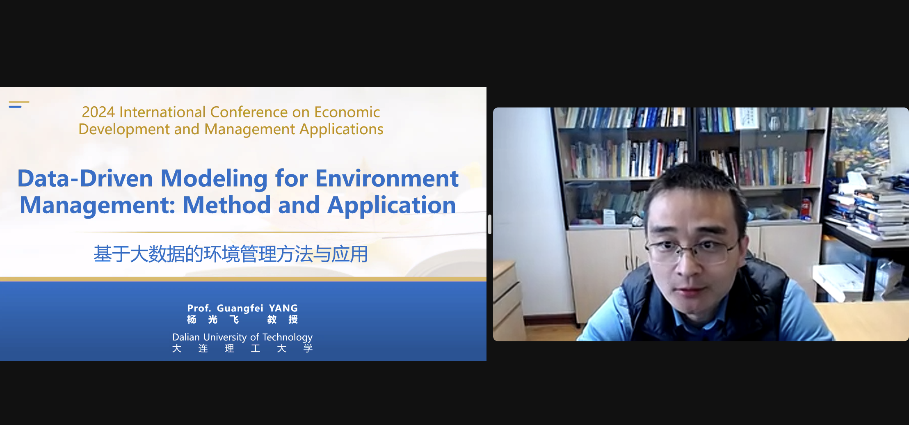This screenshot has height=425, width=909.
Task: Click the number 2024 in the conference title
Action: [98, 112]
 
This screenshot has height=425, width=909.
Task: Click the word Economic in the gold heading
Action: [347, 112]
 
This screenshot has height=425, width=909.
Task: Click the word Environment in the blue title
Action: [387, 178]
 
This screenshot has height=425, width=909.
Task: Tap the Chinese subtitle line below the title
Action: [231, 254]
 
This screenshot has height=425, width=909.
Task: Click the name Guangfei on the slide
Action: [240, 308]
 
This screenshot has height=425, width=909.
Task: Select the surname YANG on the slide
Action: [283, 308]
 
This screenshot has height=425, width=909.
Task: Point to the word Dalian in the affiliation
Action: [186, 337]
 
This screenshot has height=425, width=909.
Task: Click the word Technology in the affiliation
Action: [287, 338]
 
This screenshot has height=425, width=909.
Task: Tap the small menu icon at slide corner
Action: [19, 104]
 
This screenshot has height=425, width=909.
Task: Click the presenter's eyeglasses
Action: [690, 249]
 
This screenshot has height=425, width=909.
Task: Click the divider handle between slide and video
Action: [490, 224]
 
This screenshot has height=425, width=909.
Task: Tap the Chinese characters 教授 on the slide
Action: [283, 320]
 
